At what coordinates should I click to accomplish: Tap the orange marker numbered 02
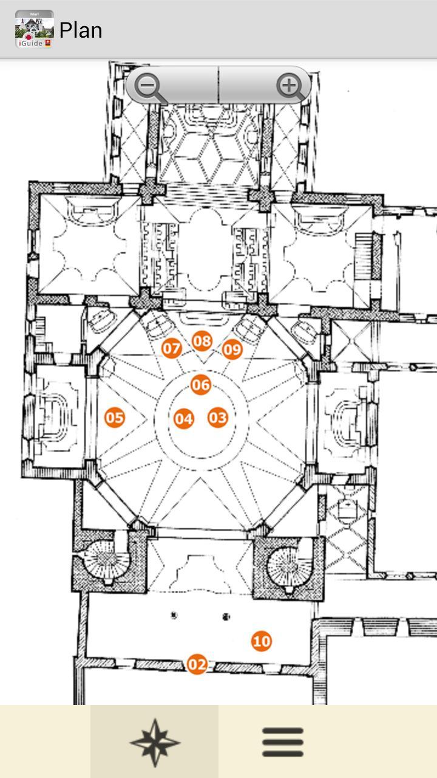[x=197, y=664]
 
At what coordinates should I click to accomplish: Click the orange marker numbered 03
[x=218, y=418]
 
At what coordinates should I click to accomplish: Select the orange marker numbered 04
[x=184, y=419]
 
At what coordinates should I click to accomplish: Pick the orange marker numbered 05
[x=115, y=418]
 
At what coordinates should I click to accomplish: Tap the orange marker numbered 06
[x=201, y=385]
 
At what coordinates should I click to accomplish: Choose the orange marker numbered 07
[x=172, y=348]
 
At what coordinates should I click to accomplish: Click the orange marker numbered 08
[x=203, y=341]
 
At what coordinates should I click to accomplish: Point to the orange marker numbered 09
[x=232, y=349]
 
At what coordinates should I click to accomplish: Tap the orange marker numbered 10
[x=262, y=641]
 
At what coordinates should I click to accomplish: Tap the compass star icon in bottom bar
[x=154, y=742]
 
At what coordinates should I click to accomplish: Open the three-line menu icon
[x=282, y=742]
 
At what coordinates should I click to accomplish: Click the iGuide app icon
[x=34, y=29]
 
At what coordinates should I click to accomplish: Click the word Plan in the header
[x=81, y=30]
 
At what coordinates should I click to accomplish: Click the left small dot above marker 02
[x=174, y=615]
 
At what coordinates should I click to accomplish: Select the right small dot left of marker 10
[x=226, y=617]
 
